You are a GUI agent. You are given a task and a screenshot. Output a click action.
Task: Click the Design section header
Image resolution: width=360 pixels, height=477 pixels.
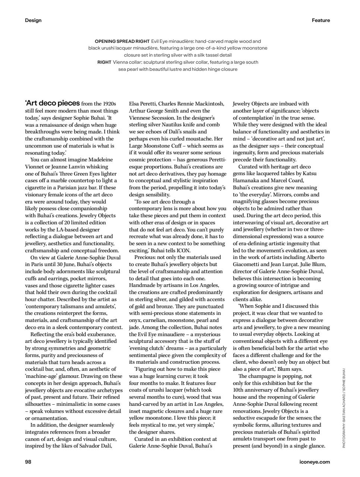click(x=33, y=20)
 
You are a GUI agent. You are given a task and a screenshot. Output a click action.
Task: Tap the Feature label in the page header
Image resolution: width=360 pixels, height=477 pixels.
click(x=321, y=20)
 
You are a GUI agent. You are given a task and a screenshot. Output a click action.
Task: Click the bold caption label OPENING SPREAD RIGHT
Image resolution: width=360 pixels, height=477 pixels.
click(x=122, y=41)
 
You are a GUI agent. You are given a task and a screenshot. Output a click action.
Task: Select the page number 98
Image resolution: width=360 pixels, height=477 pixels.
click(x=28, y=462)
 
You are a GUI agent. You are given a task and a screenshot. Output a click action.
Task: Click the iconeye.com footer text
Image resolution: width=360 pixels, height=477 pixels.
click(x=315, y=462)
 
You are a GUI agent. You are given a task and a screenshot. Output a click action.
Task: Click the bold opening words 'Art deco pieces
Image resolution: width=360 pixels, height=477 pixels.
click(x=52, y=103)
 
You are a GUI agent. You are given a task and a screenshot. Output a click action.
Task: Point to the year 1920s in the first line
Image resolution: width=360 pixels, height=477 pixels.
click(x=108, y=104)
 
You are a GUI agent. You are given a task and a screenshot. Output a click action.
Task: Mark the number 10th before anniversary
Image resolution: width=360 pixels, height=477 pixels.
click(x=239, y=390)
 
